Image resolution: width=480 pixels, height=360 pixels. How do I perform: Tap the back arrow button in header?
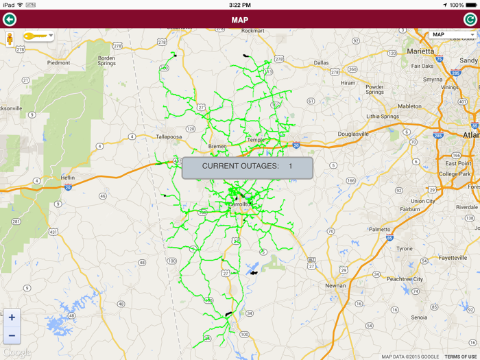click(x=10, y=19)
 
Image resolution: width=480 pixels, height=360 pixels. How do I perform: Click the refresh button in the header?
click(x=470, y=19)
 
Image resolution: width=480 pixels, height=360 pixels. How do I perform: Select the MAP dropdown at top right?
click(x=453, y=34)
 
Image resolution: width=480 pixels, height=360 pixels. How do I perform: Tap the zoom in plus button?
click(x=12, y=317)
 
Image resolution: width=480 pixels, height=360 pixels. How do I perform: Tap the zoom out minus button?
click(x=12, y=335)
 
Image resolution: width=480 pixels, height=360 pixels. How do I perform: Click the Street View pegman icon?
click(x=10, y=38)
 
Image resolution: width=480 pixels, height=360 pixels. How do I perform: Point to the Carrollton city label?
click(x=240, y=204)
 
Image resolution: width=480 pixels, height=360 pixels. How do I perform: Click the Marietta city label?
click(x=420, y=51)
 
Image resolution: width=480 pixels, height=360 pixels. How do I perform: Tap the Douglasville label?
click(x=354, y=134)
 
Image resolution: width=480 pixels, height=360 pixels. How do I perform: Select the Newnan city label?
click(x=335, y=285)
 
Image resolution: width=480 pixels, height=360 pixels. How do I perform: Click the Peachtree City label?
click(x=405, y=279)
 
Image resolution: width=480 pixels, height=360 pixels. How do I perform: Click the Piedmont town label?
click(x=58, y=62)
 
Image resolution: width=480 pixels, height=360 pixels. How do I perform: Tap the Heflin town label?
click(x=67, y=177)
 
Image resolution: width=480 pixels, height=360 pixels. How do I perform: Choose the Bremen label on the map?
click(x=217, y=146)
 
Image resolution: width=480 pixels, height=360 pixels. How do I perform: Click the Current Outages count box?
click(x=247, y=167)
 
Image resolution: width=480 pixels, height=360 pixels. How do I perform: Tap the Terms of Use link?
click(x=460, y=357)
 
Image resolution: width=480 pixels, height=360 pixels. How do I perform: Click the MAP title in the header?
click(x=240, y=20)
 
